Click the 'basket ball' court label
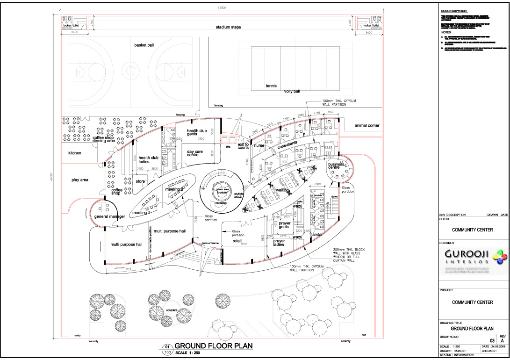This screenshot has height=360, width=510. point(144,45)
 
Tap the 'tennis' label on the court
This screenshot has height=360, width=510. point(271,86)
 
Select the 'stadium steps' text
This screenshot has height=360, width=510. point(228,28)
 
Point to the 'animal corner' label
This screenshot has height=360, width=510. point(367,125)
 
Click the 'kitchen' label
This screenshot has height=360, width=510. point(75,153)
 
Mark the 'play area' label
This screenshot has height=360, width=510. point(80,180)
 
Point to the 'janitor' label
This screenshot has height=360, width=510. point(317,235)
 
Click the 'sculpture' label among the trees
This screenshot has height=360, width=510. point(172,310)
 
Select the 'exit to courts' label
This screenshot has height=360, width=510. point(243,146)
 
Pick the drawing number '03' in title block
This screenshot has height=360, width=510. point(492,341)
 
